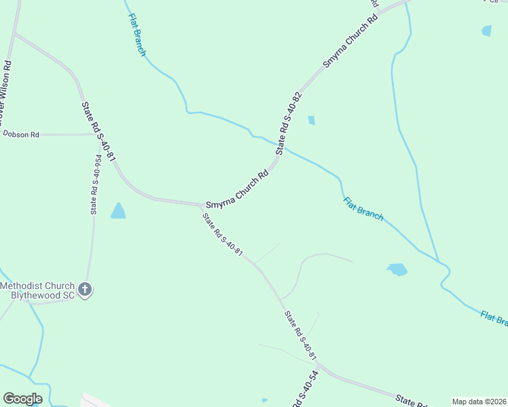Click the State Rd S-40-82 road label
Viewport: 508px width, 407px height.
click(288, 126)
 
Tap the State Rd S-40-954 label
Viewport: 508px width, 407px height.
click(97, 185)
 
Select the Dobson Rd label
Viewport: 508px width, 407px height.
click(21, 134)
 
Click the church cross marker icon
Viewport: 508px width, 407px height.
click(86, 290)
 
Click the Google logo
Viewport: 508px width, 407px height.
click(22, 399)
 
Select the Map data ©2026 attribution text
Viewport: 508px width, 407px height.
click(479, 402)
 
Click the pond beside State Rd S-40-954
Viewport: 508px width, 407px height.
click(118, 211)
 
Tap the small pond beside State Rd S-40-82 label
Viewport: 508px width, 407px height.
click(311, 120)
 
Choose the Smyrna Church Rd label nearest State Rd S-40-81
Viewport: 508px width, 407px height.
click(238, 189)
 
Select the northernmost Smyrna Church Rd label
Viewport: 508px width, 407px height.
click(350, 41)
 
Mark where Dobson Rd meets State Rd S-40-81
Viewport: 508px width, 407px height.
click(95, 134)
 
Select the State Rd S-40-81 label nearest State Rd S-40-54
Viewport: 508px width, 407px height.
click(301, 336)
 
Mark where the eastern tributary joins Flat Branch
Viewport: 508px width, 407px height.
click(439, 263)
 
